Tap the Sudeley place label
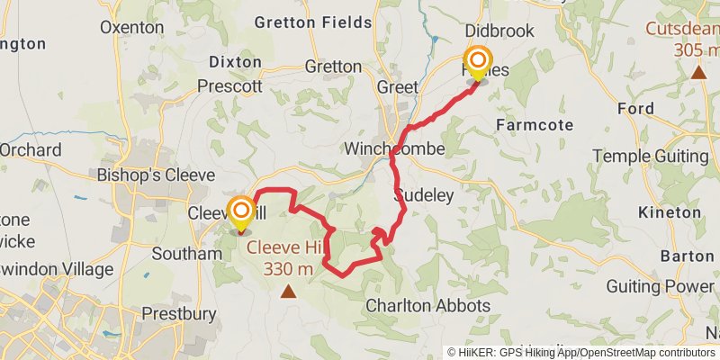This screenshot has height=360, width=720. click(x=423, y=195)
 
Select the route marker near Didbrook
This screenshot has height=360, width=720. click(x=477, y=63)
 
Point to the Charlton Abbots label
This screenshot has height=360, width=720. click(x=427, y=306)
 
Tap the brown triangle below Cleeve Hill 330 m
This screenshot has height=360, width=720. click(x=288, y=291)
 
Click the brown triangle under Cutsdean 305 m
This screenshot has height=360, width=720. click(x=698, y=72)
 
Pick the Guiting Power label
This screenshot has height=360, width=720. click(x=660, y=286)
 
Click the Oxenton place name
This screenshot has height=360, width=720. click(x=132, y=27)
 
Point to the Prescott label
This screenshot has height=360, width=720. click(x=229, y=87)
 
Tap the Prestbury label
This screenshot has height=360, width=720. click(x=180, y=314)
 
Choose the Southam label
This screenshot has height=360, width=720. click(x=186, y=254)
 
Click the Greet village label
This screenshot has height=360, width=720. click(x=397, y=87)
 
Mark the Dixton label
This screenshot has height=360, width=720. click(x=235, y=62)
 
